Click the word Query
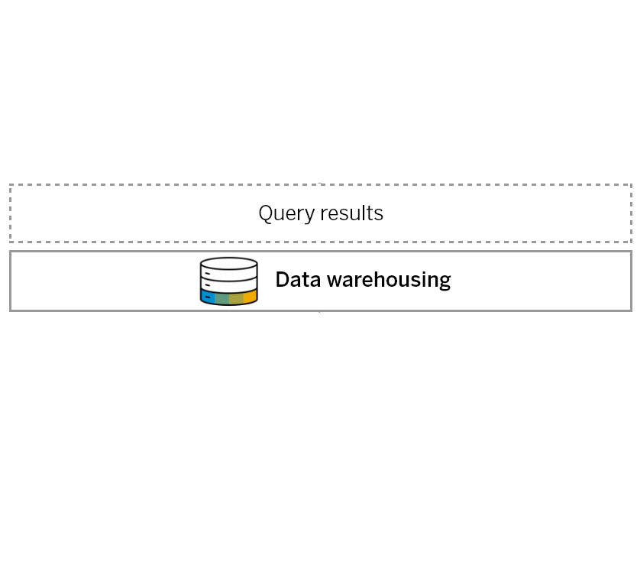tap(286, 213)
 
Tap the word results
tap(352, 213)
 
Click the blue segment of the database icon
tap(208, 297)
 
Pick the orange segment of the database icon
tap(251, 297)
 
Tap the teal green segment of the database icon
tap(221, 298)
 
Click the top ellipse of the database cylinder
tap(228, 264)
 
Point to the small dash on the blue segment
tap(208, 297)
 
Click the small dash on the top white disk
tap(208, 273)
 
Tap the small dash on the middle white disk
tap(208, 285)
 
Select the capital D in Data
tap(283, 279)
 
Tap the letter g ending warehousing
tap(445, 282)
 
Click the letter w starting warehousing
tap(335, 281)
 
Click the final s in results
tap(379, 215)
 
